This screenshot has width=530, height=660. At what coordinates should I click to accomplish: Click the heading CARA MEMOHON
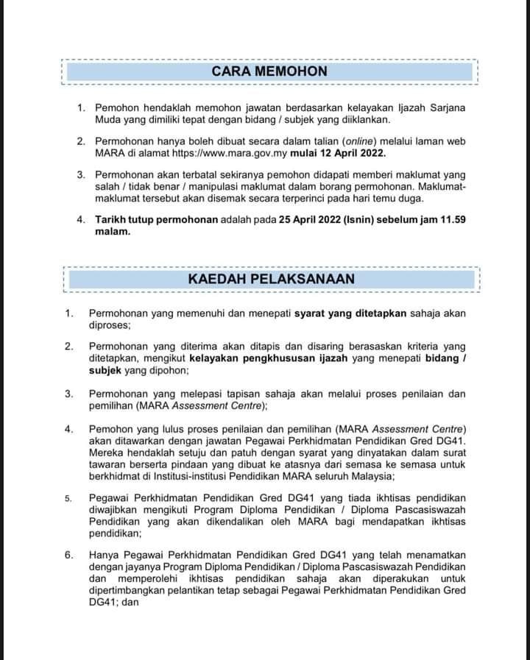pyautogui.click(x=269, y=71)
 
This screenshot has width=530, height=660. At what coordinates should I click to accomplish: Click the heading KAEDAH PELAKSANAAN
pyautogui.click(x=271, y=279)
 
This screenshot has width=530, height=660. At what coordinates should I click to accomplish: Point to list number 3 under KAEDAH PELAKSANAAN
pyautogui.click(x=68, y=394)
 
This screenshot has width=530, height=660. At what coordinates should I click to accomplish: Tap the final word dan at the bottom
pyautogui.click(x=138, y=601)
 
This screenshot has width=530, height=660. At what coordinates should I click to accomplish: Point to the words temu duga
pyautogui.click(x=432, y=198)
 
